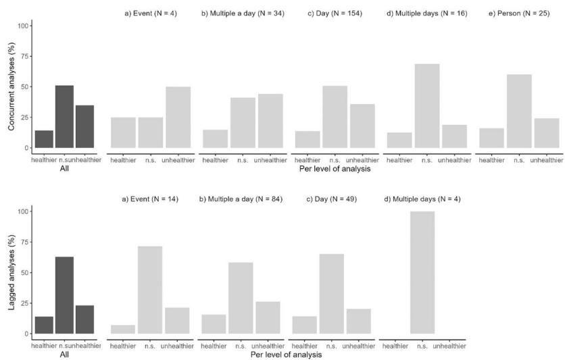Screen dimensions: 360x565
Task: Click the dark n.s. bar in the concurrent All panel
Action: [x=64, y=117]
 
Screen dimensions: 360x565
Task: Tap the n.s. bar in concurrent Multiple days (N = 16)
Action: [x=427, y=106]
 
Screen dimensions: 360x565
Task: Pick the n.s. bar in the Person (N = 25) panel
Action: [x=519, y=111]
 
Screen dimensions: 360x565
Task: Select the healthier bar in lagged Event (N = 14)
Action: [x=123, y=330]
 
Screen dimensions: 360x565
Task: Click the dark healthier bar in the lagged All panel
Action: [x=43, y=325]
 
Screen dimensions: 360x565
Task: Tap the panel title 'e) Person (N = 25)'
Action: [x=519, y=13]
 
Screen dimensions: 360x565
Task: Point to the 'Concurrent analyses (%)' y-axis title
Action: [x=11, y=86]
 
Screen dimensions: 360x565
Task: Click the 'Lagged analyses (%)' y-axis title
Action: [x=11, y=273]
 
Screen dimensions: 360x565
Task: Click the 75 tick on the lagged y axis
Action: [x=24, y=242]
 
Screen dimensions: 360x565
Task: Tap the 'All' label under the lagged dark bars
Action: [x=64, y=354]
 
